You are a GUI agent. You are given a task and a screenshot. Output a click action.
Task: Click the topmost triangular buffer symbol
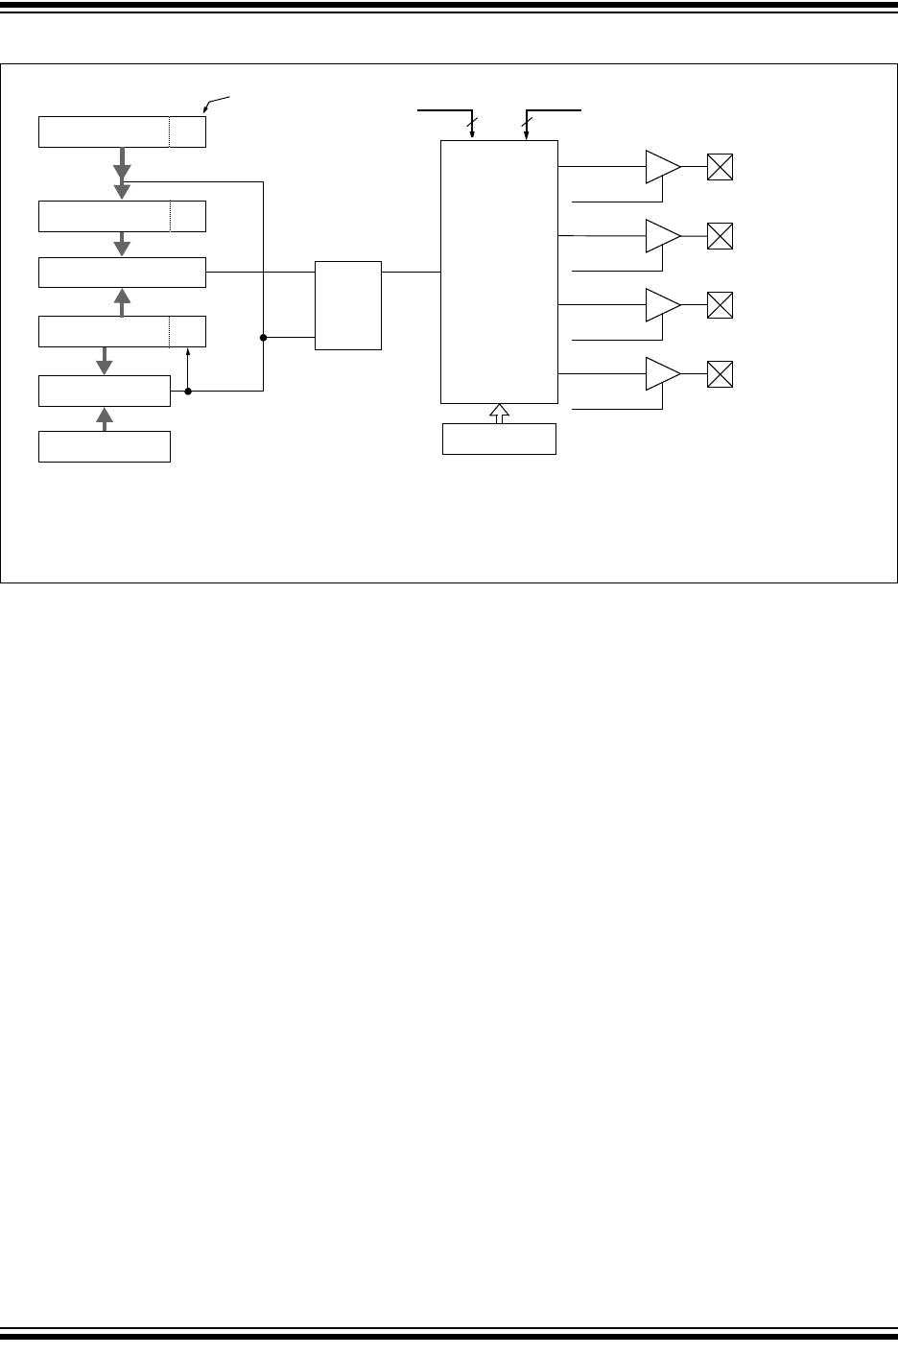pyautogui.click(x=661, y=166)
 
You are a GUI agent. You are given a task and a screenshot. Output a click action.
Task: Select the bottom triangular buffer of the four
pyautogui.click(x=661, y=373)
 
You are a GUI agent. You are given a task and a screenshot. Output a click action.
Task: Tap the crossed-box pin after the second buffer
pyautogui.click(x=720, y=236)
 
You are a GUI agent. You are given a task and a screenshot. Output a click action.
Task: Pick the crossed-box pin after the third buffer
pyautogui.click(x=720, y=305)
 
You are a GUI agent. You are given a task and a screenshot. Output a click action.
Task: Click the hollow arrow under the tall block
pyautogui.click(x=499, y=414)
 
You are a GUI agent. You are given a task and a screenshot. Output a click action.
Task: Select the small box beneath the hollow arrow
pyautogui.click(x=499, y=439)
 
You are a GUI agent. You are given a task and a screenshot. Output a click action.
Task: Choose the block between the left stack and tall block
pyautogui.click(x=348, y=305)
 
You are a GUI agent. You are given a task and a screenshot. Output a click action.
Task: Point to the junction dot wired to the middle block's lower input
pyautogui.click(x=263, y=338)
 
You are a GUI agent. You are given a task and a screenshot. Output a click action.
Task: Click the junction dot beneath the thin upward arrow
pyautogui.click(x=188, y=392)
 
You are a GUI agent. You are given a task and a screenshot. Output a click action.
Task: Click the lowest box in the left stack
pyautogui.click(x=105, y=447)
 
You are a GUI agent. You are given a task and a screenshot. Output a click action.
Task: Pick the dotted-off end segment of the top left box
pyautogui.click(x=188, y=131)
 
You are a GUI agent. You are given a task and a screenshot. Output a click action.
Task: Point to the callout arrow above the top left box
pyautogui.click(x=207, y=107)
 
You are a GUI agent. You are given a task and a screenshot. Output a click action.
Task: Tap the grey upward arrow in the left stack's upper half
pyautogui.click(x=122, y=301)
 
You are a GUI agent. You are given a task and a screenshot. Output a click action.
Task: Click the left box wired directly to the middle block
pyautogui.click(x=122, y=273)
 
